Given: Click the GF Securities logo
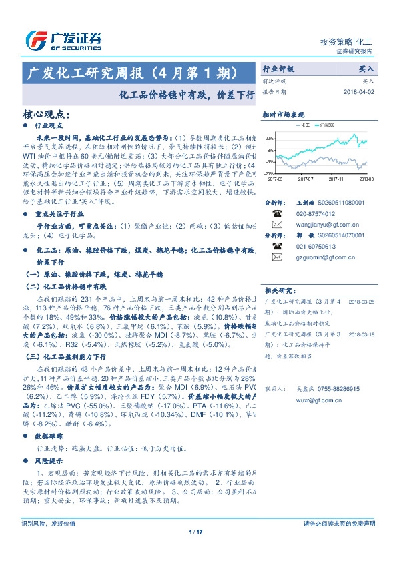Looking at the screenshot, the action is [x=64, y=40].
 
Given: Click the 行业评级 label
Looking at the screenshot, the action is [x=278, y=68].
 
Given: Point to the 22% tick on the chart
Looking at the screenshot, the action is [x=270, y=138].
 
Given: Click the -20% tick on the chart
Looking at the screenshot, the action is [x=269, y=173].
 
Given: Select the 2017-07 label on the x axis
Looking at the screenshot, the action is [x=305, y=179].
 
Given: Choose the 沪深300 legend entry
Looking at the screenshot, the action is [x=330, y=125].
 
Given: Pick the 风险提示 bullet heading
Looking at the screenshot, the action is [x=46, y=460].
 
